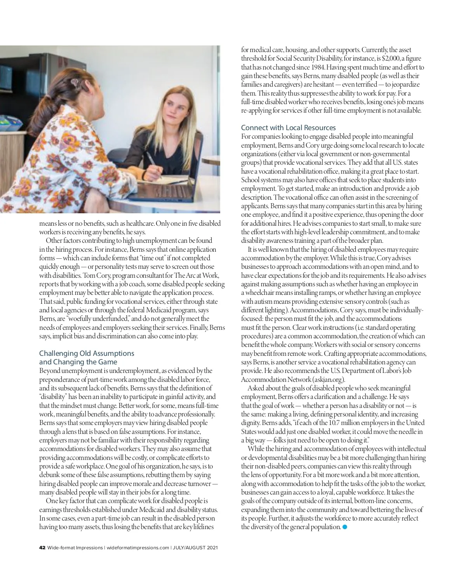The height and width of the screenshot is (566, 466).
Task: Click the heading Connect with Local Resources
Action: tap(288, 128)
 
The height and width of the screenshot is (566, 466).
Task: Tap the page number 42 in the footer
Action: tap(42, 548)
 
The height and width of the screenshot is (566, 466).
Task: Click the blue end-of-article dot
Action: tap(344, 527)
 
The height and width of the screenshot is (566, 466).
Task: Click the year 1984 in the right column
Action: tap(319, 67)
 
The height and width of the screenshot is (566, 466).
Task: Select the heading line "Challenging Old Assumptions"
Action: tap(87, 354)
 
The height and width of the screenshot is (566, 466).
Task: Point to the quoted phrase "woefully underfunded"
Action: tap(98, 319)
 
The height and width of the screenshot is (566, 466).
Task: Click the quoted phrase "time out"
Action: tap(125, 258)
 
